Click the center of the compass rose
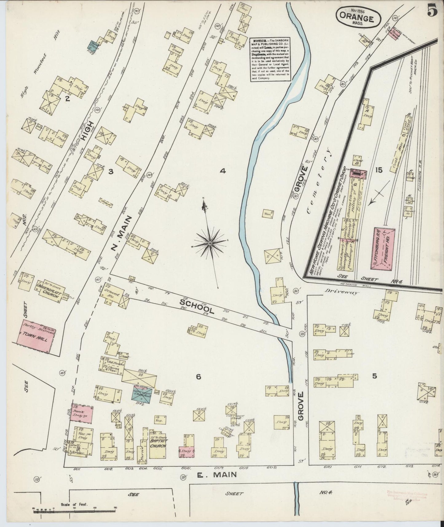(210, 243)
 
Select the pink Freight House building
(384, 249)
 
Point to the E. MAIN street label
(217, 475)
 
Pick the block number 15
(379, 170)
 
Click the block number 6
(198, 376)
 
